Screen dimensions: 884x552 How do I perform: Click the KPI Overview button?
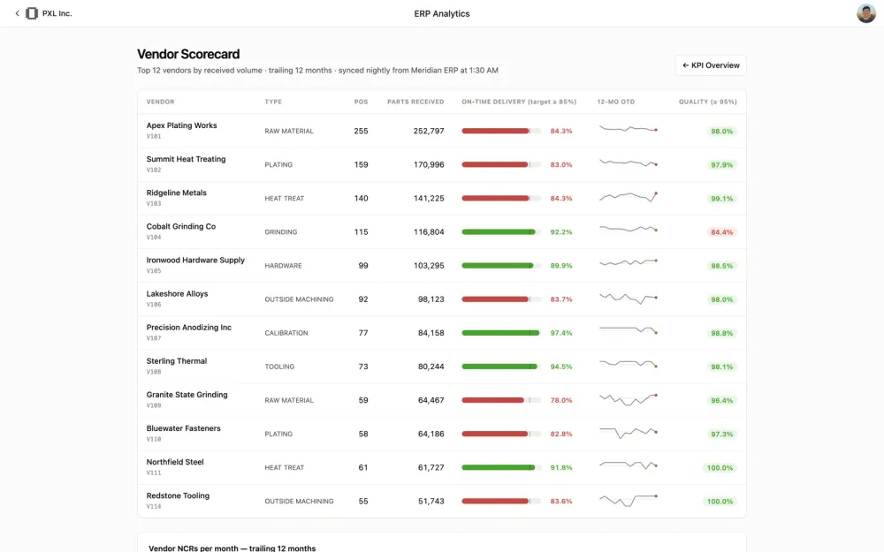(711, 65)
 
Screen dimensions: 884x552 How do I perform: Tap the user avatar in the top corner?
(866, 13)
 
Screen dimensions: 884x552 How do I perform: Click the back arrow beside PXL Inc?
(17, 13)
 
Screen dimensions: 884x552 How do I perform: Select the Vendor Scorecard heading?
(188, 54)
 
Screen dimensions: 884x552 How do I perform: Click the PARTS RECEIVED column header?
(415, 102)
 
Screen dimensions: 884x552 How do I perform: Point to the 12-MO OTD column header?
(615, 102)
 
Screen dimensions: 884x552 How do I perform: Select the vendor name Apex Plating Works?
(181, 125)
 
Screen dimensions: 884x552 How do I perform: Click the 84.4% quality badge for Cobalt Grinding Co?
(721, 232)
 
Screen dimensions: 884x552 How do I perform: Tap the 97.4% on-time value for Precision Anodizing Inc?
(561, 333)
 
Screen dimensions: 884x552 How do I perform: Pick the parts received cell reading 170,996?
(429, 164)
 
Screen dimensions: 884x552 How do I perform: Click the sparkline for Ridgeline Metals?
(628, 197)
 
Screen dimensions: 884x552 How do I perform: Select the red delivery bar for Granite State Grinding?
(492, 400)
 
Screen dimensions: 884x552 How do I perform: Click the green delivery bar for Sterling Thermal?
(499, 367)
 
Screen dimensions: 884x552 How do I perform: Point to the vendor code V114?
(153, 506)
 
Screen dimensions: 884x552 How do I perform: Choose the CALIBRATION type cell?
(286, 333)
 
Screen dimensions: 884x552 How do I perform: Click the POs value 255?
(361, 132)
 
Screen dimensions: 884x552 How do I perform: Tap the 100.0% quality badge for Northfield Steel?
(720, 468)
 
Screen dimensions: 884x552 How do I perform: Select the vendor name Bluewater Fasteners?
(183, 428)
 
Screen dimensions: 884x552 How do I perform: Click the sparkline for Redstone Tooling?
(628, 500)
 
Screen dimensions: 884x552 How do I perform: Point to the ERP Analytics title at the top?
(441, 13)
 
